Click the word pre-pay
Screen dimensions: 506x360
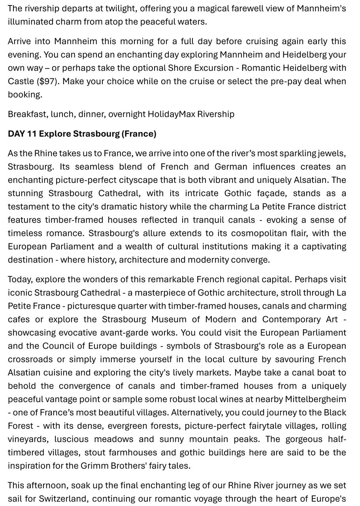286,81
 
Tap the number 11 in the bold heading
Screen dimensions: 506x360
32,134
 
